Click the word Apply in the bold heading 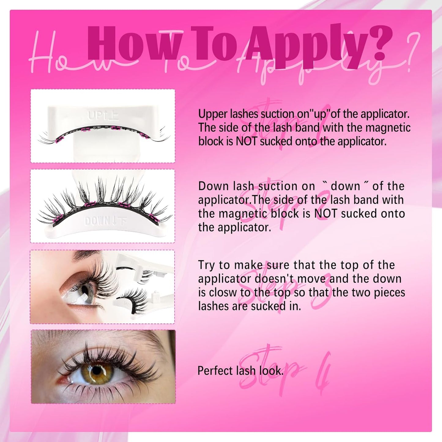point(306,44)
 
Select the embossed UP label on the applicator point(103,116)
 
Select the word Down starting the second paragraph point(213,186)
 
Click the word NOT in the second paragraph point(321,214)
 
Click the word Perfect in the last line point(215,371)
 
